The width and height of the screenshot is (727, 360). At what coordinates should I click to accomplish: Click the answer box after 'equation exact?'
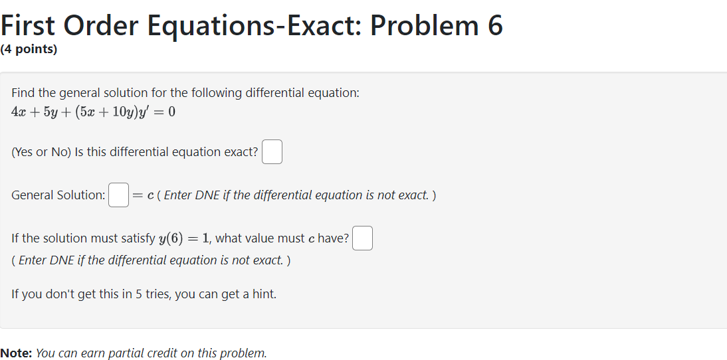pos(272,152)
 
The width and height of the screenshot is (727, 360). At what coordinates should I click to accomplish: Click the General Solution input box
pos(118,195)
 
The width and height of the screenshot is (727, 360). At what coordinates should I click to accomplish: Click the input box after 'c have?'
pos(362,238)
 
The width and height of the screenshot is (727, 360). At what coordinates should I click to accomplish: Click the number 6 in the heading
pos(494,25)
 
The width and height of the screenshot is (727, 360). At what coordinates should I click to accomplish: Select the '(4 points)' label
pos(29,50)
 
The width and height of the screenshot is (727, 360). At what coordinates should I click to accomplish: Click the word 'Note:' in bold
pos(16,353)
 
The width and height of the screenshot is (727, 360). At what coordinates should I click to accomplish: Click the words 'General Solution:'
pos(58,195)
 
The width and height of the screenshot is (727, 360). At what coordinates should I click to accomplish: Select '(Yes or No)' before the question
pos(41,152)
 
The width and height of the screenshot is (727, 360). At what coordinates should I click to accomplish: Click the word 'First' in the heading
pos(30,25)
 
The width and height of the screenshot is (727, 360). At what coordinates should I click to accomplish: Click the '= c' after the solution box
pos(144,195)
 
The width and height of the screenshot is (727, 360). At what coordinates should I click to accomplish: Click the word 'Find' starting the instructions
pos(23,93)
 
